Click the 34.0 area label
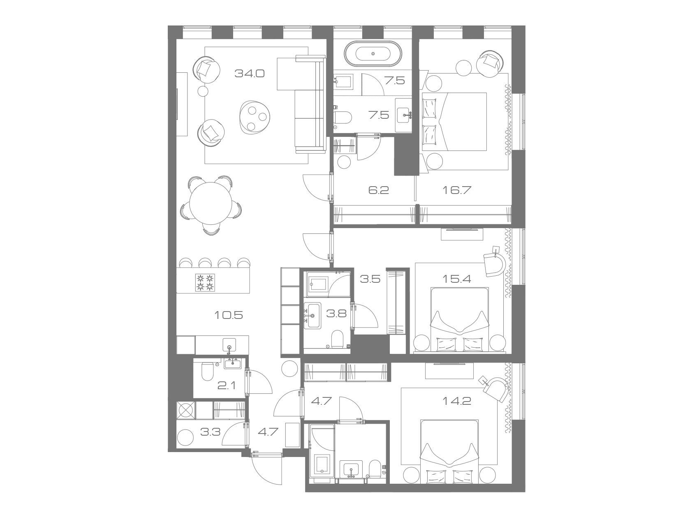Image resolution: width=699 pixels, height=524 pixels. tap(250, 74)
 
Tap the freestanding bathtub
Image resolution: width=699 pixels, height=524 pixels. tap(373, 53)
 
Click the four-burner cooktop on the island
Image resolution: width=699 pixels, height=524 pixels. tap(205, 282)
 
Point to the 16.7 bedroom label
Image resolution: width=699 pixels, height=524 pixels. tap(456, 190)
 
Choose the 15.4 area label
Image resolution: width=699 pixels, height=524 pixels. tap(456, 279)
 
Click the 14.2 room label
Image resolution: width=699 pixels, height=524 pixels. tap(457, 401)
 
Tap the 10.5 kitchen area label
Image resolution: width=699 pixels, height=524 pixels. tap(229, 315)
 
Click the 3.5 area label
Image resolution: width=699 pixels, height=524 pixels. tap(370, 279)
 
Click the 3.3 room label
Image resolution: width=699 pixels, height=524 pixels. tap(211, 432)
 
